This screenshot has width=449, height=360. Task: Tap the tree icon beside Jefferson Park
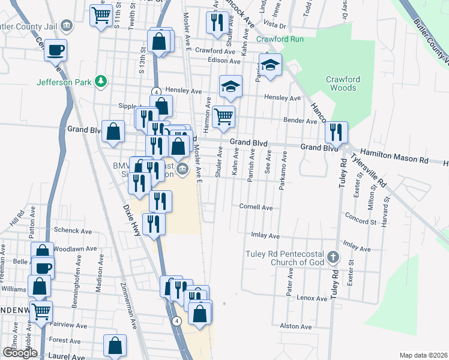pyautogui.click(x=102, y=82)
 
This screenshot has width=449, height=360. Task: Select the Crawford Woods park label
pyautogui.click(x=342, y=83)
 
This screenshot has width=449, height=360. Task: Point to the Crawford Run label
pyautogui.click(x=280, y=40)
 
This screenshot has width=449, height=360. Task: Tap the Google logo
pyautogui.click(x=20, y=353)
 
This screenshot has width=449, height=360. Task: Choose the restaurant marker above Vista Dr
pyautogui.click(x=215, y=22)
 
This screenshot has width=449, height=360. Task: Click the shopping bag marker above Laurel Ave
pyautogui.click(x=115, y=346)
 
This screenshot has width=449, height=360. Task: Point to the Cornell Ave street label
pyautogui.click(x=256, y=207)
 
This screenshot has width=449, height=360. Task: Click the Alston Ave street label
pyautogui.click(x=296, y=326)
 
